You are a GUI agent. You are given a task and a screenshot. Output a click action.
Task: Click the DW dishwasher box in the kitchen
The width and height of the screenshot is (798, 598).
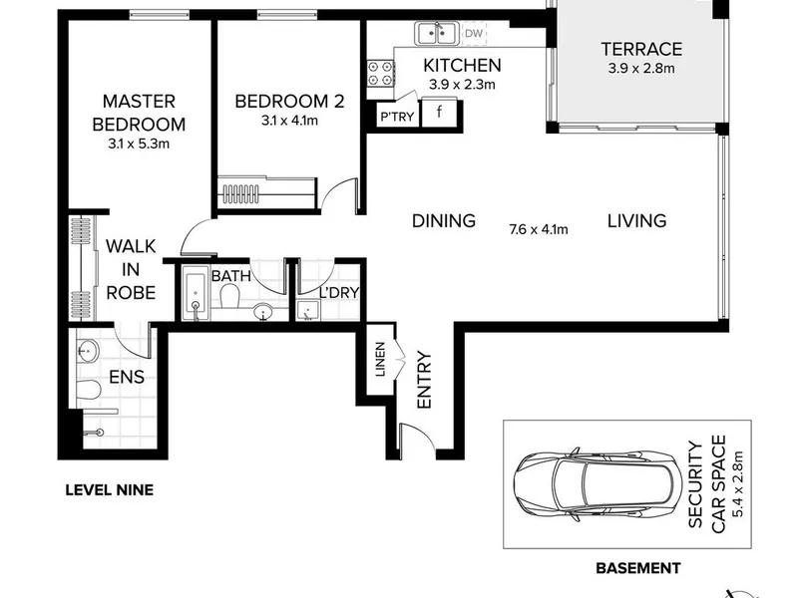coord(473,34)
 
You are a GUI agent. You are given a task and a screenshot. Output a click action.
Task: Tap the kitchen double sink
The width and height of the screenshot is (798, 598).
coord(437,34)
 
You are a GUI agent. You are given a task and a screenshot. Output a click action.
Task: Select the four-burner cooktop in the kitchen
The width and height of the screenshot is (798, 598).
coord(381,73)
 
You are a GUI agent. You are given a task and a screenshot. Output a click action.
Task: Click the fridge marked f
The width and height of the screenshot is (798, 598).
coord(439,112)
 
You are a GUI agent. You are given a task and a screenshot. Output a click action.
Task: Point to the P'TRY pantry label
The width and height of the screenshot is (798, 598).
coord(397,117)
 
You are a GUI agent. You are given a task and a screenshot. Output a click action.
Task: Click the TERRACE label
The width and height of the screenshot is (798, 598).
coord(641,49)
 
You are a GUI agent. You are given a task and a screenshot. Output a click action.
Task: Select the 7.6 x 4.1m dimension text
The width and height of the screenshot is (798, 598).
coord(539,229)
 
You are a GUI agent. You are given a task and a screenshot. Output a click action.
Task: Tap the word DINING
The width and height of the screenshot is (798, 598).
coord(444,220)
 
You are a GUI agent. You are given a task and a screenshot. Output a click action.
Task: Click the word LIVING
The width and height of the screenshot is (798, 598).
coord(637,220)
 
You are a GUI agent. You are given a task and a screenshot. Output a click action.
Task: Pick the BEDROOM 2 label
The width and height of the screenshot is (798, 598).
coord(289,102)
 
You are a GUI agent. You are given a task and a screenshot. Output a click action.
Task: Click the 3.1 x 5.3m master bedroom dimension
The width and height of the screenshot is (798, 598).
coord(139,144)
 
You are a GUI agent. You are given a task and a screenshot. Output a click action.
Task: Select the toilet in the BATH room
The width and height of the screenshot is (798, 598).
coord(230,295)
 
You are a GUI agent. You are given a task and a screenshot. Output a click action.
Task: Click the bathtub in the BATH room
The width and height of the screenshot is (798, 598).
coord(196,294)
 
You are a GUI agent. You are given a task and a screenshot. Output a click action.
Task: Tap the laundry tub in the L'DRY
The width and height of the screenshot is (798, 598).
coord(308,311)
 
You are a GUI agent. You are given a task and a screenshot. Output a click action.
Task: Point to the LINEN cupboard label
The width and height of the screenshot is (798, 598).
coord(381,359)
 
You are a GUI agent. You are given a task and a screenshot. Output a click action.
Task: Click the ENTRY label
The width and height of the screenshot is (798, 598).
coord(424,380)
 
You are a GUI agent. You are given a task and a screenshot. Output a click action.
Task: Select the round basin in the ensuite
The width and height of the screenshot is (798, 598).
coord(88,351)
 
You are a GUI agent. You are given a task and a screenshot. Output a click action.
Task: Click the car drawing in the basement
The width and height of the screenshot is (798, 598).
coord(598,484)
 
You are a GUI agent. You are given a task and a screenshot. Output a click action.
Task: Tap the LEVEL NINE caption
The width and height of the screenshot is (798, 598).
coord(110,490)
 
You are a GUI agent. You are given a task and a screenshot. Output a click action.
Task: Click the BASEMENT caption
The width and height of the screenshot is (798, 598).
coord(638,568)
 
